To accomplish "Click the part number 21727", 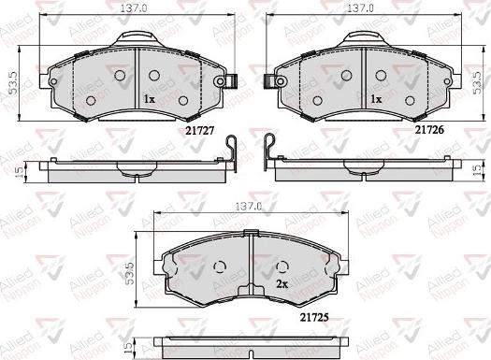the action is point(200,131).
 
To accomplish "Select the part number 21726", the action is point(429,130).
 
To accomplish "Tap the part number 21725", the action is point(314,317).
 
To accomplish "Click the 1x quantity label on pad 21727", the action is point(150,99).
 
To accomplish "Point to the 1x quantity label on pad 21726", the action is point(376,99).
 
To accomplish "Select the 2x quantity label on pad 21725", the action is point(282,284).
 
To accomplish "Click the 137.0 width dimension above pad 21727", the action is point(134,8).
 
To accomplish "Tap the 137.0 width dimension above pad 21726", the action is point(360,8).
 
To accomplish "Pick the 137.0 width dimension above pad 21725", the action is point(249,207).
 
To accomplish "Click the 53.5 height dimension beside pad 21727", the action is point(14,83).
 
